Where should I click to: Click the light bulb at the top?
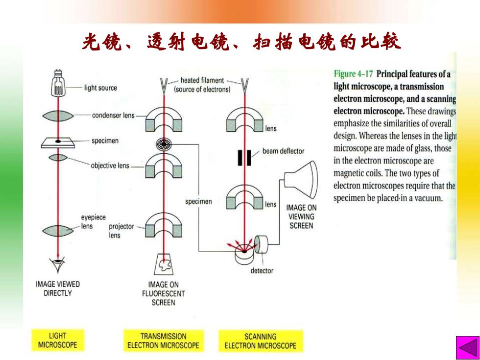pos(58,82)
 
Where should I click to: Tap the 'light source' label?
pos(100,88)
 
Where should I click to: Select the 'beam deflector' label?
pos(283,151)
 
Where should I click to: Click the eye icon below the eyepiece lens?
pos(58,264)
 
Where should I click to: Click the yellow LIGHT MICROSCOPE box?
pos(58,340)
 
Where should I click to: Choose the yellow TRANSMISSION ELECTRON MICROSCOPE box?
pos(164,340)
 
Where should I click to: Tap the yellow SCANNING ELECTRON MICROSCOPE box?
pos(261,341)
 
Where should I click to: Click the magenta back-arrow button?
pos(467,347)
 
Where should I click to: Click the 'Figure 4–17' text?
pos(354,74)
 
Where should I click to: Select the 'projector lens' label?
pos(121,231)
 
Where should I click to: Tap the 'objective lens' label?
pos(110,166)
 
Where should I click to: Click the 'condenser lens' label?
pos(113,116)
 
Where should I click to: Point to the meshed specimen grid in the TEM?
pos(164,144)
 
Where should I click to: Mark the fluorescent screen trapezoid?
pos(163,264)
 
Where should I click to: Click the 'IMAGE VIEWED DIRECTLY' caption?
pos(58,288)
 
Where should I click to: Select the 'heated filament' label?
pos(202,80)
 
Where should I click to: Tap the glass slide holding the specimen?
pos(58,143)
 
